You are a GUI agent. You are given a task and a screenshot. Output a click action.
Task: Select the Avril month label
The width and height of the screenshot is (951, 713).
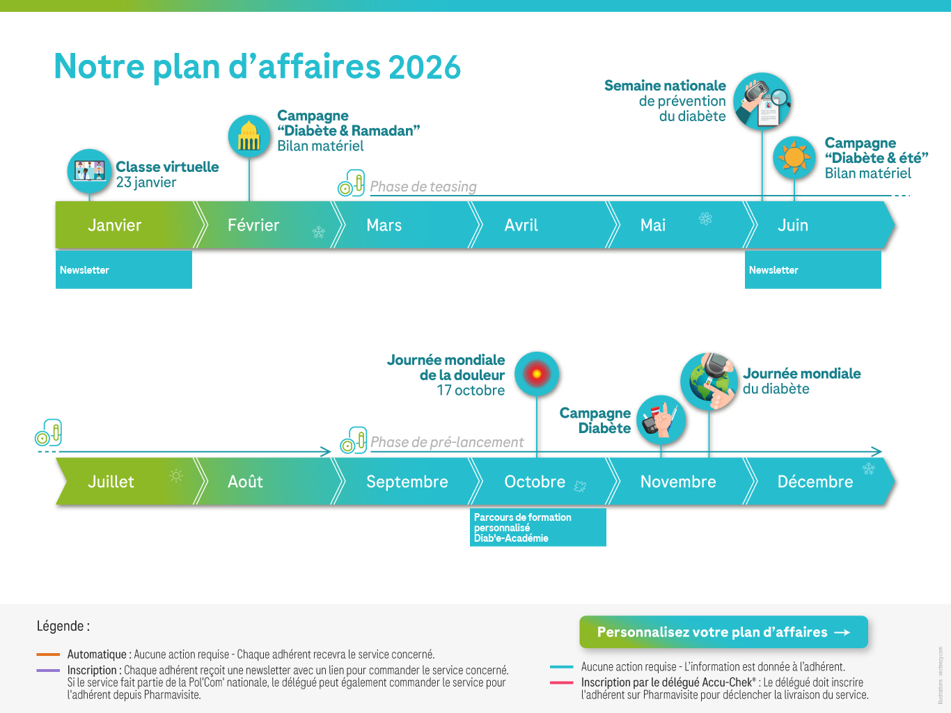pyautogui.click(x=521, y=225)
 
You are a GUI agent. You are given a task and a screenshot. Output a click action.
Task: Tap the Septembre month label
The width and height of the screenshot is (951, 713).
pyautogui.click(x=407, y=482)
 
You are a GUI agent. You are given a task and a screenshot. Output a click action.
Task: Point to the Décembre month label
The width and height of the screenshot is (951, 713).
pyautogui.click(x=815, y=482)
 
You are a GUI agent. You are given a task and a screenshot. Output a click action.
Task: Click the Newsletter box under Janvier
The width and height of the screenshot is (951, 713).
pyautogui.click(x=124, y=270)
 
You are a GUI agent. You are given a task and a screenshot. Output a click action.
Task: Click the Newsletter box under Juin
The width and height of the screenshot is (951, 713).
pyautogui.click(x=812, y=270)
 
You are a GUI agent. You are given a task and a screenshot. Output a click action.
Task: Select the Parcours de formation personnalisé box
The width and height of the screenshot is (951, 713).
pyautogui.click(x=537, y=527)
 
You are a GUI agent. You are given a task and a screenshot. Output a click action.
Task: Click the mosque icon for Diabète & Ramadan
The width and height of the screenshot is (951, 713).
pyautogui.click(x=249, y=136)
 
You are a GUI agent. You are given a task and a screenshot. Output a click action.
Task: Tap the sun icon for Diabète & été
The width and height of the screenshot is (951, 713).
pyautogui.click(x=794, y=157)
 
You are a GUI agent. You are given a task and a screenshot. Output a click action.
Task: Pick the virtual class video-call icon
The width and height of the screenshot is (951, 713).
pyautogui.click(x=89, y=171)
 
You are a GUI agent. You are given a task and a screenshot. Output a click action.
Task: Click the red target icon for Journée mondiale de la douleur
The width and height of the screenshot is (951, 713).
pyautogui.click(x=537, y=373)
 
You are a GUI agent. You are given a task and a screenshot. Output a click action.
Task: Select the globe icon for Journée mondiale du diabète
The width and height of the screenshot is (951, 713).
pyautogui.click(x=709, y=382)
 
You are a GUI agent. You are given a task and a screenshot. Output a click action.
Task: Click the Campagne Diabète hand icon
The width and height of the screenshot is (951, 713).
pyautogui.click(x=661, y=420)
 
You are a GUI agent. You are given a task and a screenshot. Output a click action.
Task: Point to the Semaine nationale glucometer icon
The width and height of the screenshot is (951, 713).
pyautogui.click(x=762, y=101)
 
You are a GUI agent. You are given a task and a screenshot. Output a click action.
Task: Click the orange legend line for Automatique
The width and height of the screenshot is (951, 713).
pyautogui.click(x=48, y=654)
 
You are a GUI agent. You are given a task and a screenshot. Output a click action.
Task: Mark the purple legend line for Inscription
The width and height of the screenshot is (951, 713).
pyautogui.click(x=48, y=671)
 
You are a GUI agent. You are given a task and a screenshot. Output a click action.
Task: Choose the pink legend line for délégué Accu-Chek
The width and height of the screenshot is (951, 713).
pyautogui.click(x=562, y=682)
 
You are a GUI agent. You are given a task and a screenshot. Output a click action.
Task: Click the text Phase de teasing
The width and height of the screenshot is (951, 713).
pyautogui.click(x=423, y=187)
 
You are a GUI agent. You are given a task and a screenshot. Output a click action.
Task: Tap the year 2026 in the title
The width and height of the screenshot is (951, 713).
pyautogui.click(x=425, y=68)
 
